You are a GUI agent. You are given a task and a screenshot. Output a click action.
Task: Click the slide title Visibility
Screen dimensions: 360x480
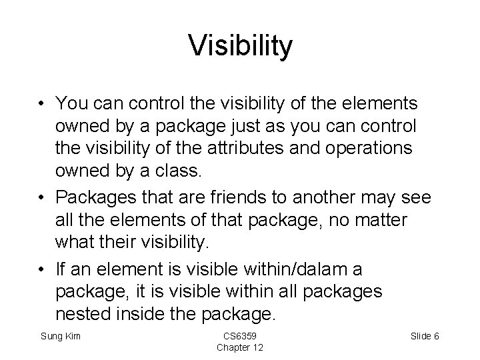click(x=240, y=46)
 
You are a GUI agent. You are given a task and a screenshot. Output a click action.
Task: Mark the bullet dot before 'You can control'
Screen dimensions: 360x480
click(x=42, y=104)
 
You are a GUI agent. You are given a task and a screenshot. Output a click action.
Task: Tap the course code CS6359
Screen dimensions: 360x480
click(x=239, y=336)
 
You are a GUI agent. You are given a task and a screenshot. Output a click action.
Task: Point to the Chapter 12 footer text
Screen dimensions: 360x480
click(x=239, y=349)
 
